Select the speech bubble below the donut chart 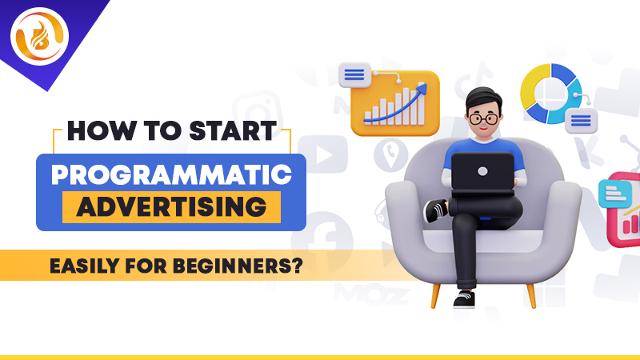point(581,121)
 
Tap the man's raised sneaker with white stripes point(436,210)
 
